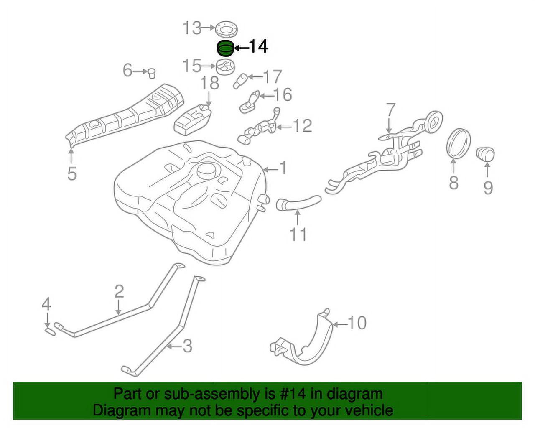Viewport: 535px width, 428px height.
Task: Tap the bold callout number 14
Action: click(258, 46)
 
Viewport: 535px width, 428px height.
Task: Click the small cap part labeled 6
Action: click(152, 72)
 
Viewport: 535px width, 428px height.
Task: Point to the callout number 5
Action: click(72, 173)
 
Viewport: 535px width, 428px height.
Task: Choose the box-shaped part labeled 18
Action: click(192, 120)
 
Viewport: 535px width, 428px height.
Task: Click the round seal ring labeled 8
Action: click(459, 143)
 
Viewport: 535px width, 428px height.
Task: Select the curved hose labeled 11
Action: click(298, 203)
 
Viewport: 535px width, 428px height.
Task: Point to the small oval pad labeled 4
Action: click(50, 331)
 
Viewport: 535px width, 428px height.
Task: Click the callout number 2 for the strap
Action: click(119, 291)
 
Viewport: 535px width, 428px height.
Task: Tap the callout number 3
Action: click(187, 346)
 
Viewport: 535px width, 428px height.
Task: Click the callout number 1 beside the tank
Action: click(283, 168)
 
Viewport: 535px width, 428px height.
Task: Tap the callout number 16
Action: click(283, 95)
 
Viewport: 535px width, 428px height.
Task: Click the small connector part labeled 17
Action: click(242, 80)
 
